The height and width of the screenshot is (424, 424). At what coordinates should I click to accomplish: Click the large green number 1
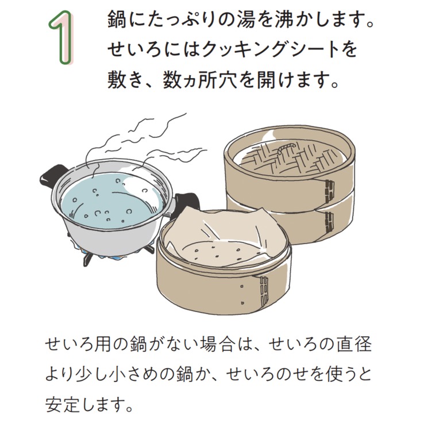click(x=61, y=38)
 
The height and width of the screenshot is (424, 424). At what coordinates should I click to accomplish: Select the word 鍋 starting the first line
click(x=117, y=19)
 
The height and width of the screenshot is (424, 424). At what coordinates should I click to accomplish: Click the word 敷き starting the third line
click(x=125, y=80)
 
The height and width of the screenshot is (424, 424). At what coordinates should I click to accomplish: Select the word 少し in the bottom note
click(x=96, y=374)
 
